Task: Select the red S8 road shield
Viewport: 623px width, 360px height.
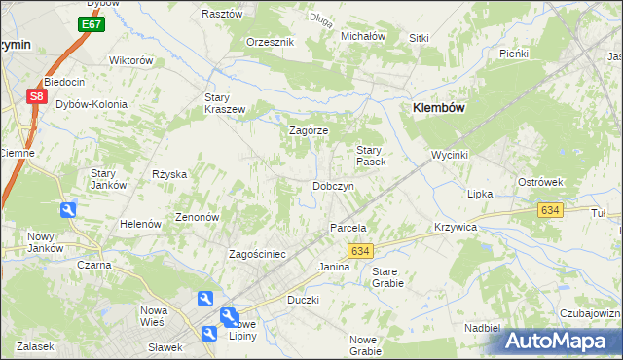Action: click(x=36, y=96)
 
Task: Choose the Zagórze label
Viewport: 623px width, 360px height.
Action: click(x=310, y=130)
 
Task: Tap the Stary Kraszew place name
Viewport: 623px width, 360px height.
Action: click(x=224, y=103)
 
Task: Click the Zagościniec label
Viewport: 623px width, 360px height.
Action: click(x=257, y=254)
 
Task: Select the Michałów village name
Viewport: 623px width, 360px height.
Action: click(x=363, y=36)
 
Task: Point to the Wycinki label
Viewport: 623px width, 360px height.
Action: click(x=451, y=156)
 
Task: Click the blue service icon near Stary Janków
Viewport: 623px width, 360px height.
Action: click(x=67, y=209)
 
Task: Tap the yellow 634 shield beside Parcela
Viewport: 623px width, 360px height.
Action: click(x=359, y=250)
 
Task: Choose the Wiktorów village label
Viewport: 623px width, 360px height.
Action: click(x=131, y=60)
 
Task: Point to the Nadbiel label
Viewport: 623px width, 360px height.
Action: click(x=483, y=329)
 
